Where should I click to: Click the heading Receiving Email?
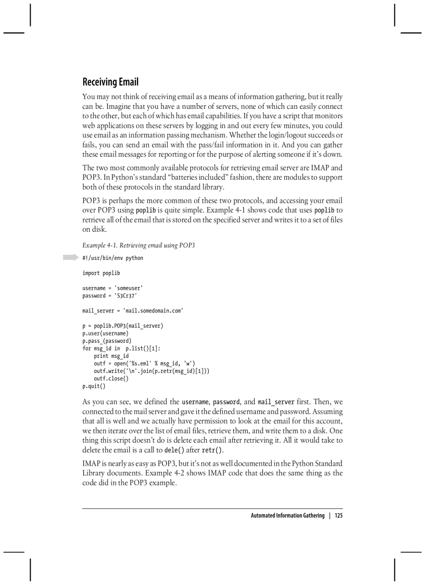click(110, 82)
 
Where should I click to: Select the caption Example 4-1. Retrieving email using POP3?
click(139, 245)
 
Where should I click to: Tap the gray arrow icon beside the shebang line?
click(70, 257)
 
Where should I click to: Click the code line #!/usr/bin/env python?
click(113, 258)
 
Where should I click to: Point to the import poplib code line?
click(101, 273)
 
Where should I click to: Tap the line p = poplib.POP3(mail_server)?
click(123, 326)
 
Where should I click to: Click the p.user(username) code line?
click(105, 333)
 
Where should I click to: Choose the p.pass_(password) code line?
click(106, 341)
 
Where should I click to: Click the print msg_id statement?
click(111, 356)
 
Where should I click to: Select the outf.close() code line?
click(111, 379)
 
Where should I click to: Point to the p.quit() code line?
click(94, 387)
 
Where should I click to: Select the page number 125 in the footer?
click(339, 516)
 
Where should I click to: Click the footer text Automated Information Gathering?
click(287, 516)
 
